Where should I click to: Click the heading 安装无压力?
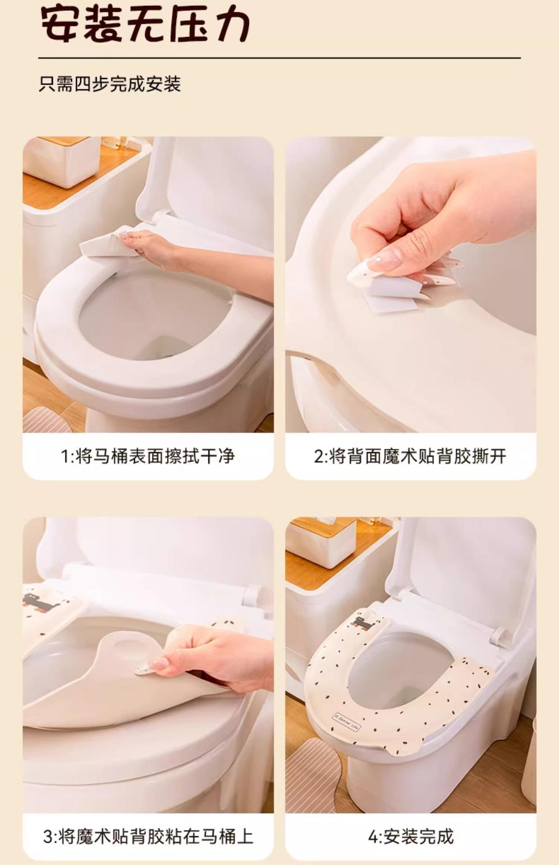(145, 25)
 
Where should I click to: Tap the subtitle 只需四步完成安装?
(110, 84)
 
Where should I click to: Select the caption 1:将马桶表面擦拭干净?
(148, 456)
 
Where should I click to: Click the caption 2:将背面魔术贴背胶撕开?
(410, 456)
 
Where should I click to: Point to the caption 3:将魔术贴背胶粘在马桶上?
(148, 837)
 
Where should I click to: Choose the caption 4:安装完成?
(411, 837)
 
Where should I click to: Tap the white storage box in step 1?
(62, 161)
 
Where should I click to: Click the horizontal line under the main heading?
(279, 58)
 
